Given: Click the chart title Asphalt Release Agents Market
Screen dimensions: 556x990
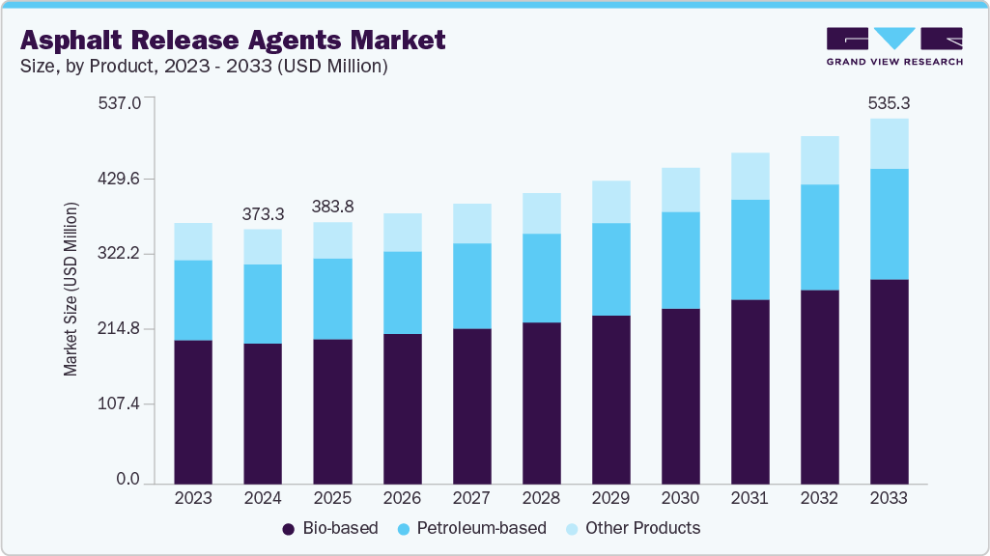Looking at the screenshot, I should point(233,40).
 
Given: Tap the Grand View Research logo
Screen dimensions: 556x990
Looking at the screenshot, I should point(894,46).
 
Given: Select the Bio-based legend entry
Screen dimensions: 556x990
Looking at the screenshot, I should point(329,528).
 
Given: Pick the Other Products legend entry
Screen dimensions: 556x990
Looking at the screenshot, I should point(632,528).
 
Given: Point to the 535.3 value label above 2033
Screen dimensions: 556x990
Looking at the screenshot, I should point(889,101).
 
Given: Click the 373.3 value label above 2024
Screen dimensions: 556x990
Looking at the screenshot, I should point(263,212).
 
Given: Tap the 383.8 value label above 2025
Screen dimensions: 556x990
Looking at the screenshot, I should point(332,206).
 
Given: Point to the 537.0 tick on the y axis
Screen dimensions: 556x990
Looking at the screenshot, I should point(120,102).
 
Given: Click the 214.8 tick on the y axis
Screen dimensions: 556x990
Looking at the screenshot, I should point(120,329).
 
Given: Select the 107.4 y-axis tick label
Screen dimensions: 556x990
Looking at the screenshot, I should point(120,403).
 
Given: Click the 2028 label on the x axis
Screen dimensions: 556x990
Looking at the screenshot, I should point(541,498).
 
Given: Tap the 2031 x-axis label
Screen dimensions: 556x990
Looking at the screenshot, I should point(750,498).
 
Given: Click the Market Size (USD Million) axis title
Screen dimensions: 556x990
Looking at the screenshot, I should point(71,290).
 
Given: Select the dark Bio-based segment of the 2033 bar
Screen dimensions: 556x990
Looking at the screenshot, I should point(889,380).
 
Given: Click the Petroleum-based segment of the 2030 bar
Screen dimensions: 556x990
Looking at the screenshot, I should point(680,260).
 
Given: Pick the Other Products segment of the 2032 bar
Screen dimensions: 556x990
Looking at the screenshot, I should point(819,160).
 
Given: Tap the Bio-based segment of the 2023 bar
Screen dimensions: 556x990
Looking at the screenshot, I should point(193,411).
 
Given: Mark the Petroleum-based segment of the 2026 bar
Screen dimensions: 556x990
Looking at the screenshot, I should point(402,292).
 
